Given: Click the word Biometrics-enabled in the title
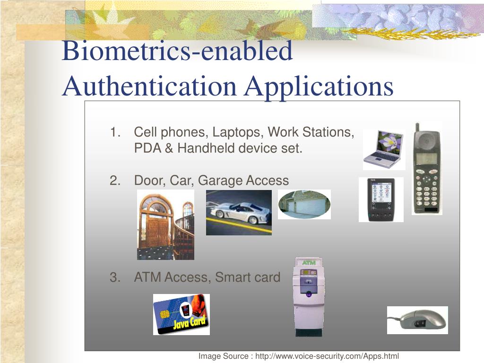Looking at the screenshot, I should coord(177,51).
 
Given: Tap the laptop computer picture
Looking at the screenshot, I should coord(384,149).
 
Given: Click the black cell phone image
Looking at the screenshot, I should coord(427,175).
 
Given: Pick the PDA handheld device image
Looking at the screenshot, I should coord(381,199).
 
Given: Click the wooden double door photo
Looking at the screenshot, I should coord(165,225).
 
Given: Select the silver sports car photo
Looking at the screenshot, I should coord(239,212).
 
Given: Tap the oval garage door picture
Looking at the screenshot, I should coord(304,204).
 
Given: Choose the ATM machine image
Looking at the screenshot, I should coord(308,297).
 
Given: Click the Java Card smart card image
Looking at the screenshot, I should coord(181,314).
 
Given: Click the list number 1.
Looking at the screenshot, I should coord(114,132).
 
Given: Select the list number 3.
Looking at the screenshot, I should coord(114,277).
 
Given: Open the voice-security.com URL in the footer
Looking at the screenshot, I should coord(327,356).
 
